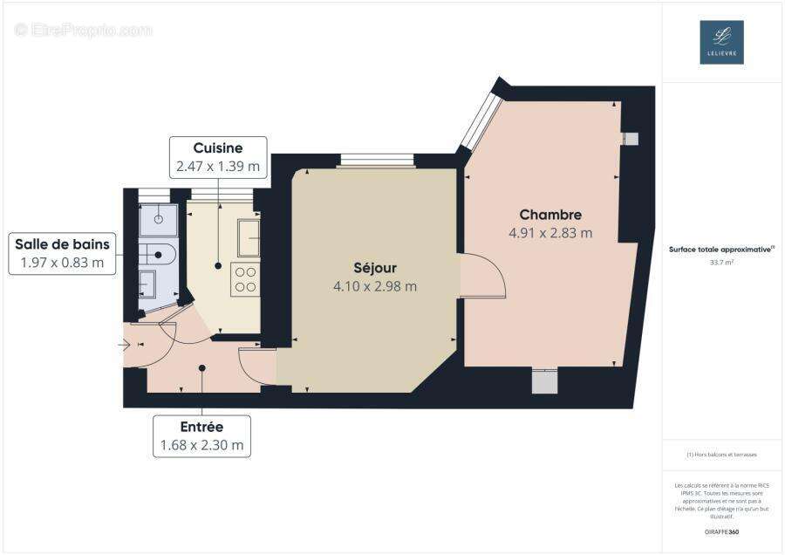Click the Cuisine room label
click(x=217, y=148)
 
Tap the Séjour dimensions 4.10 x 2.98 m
click(x=375, y=285)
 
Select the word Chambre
click(x=550, y=215)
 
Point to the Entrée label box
click(x=201, y=436)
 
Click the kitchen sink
click(x=249, y=237)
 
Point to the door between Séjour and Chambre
click(x=482, y=276)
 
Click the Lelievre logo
click(x=721, y=42)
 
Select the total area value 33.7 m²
click(x=721, y=261)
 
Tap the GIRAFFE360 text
click(x=721, y=531)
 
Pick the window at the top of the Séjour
click(x=377, y=160)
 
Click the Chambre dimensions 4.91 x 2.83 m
click(x=550, y=233)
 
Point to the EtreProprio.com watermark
click(x=84, y=31)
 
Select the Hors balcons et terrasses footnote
click(x=721, y=455)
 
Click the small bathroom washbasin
click(x=148, y=283)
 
